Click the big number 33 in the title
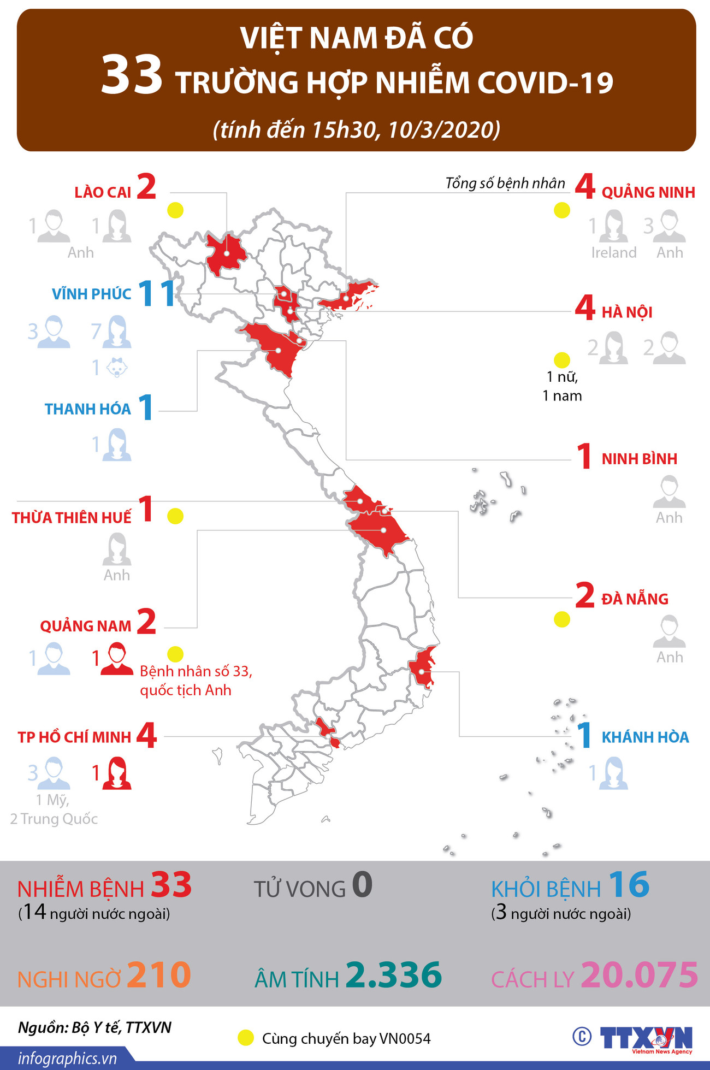click(132, 75)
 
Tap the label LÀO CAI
click(103, 192)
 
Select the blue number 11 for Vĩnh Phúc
click(156, 293)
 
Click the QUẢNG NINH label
click(648, 192)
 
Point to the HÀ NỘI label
click(627, 312)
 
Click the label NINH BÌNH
click(639, 459)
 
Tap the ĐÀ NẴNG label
click(635, 599)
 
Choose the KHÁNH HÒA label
click(645, 737)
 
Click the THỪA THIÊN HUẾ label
click(72, 517)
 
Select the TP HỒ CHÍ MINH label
click(74, 737)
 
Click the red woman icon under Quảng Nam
click(116, 659)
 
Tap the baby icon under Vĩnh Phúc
click(116, 368)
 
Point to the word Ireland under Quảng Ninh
click(614, 252)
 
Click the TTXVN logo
click(646, 1037)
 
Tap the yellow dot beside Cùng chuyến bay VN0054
click(246, 1038)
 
